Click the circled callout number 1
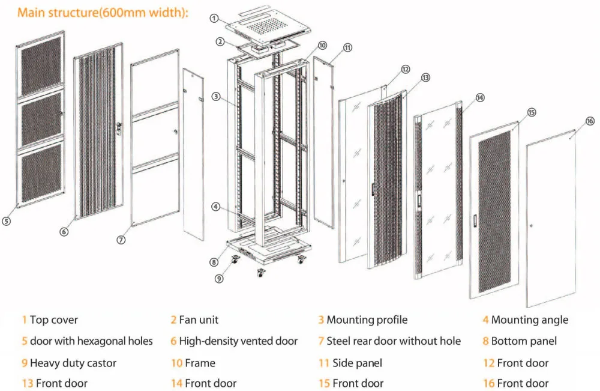click(214, 18)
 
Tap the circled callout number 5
click(6, 221)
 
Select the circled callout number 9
click(220, 278)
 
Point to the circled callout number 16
click(590, 121)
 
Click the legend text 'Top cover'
click(54, 320)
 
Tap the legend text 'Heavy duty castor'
click(73, 363)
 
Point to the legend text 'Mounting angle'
click(529, 320)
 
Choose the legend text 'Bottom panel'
click(524, 341)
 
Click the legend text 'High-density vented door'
click(238, 341)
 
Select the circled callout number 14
click(480, 97)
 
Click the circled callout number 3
click(214, 97)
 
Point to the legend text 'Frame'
click(200, 363)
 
